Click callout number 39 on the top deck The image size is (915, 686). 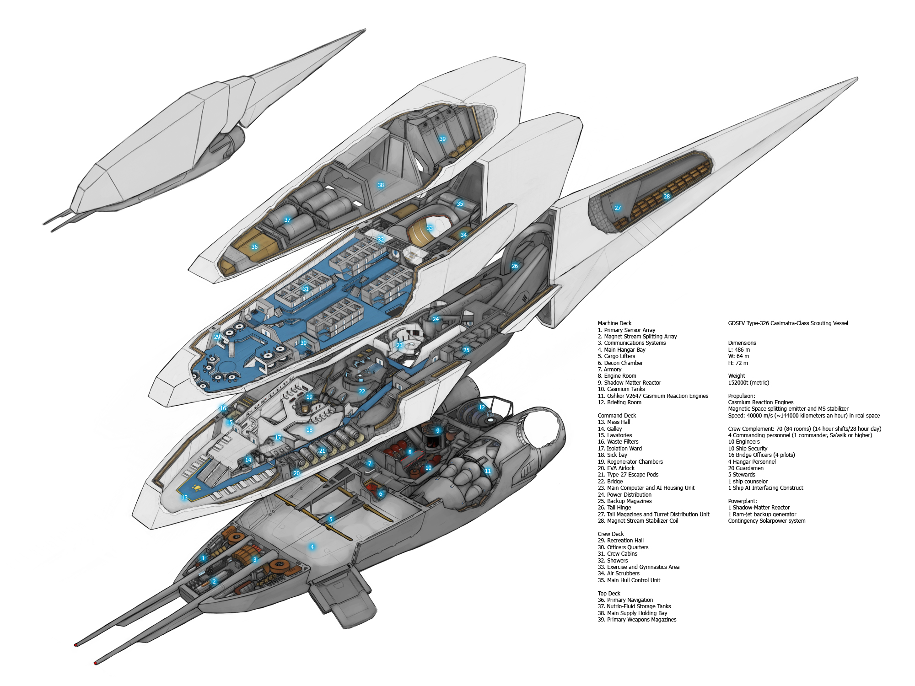click(x=442, y=139)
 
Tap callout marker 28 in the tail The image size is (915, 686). click(x=667, y=197)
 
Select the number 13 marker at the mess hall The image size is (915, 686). click(x=184, y=498)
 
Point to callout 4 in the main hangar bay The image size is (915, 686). click(x=312, y=547)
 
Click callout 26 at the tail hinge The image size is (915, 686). click(x=515, y=266)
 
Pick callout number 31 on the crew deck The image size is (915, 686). click(x=306, y=289)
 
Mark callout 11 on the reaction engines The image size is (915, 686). click(x=488, y=471)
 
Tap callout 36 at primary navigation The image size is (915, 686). click(x=254, y=247)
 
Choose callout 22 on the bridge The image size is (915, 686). click(x=362, y=391)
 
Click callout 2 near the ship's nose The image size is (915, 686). click(x=214, y=582)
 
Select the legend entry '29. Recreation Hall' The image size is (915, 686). click(x=620, y=541)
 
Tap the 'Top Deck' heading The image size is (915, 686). click(x=609, y=594)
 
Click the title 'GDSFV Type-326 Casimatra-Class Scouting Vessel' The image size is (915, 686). click(x=788, y=323)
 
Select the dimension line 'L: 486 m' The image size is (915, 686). click(x=739, y=350)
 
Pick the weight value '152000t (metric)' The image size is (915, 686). click(x=748, y=383)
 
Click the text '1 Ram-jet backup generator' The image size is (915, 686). click(x=762, y=514)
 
